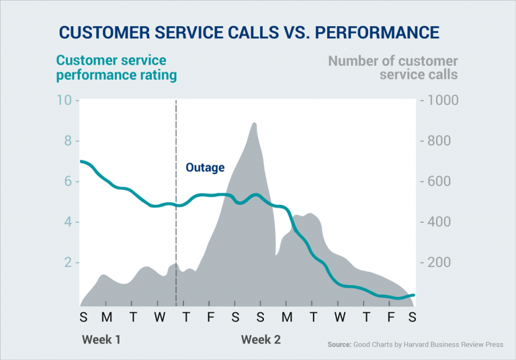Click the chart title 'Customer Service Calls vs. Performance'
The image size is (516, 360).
click(249, 32)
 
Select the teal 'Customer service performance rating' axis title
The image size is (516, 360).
click(116, 68)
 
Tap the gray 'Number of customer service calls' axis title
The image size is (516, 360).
click(392, 68)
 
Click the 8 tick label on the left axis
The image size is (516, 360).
click(67, 141)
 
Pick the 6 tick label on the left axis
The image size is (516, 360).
click(67, 181)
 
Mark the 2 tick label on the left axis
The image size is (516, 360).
click(67, 263)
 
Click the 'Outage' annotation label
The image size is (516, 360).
click(205, 167)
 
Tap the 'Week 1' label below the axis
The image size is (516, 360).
click(101, 339)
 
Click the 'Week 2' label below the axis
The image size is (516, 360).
click(261, 339)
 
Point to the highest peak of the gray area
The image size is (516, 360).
click(253, 124)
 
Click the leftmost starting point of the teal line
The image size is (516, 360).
click(81, 161)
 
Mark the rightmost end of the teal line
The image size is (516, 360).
click(414, 295)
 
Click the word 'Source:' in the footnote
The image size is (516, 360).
click(339, 345)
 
